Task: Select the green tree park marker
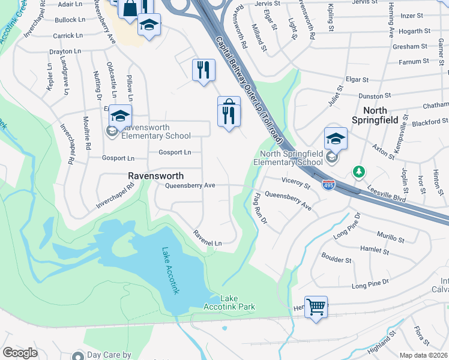[359, 172]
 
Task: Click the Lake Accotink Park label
[237, 302]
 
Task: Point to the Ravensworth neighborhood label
[155, 175]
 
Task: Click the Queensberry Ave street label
[190, 186]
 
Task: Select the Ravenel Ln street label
[207, 238]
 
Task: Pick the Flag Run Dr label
[259, 208]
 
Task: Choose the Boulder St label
[336, 260]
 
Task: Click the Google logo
[20, 353]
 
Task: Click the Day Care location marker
[77, 355]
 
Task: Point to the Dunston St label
[375, 95]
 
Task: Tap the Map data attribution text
[424, 355]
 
